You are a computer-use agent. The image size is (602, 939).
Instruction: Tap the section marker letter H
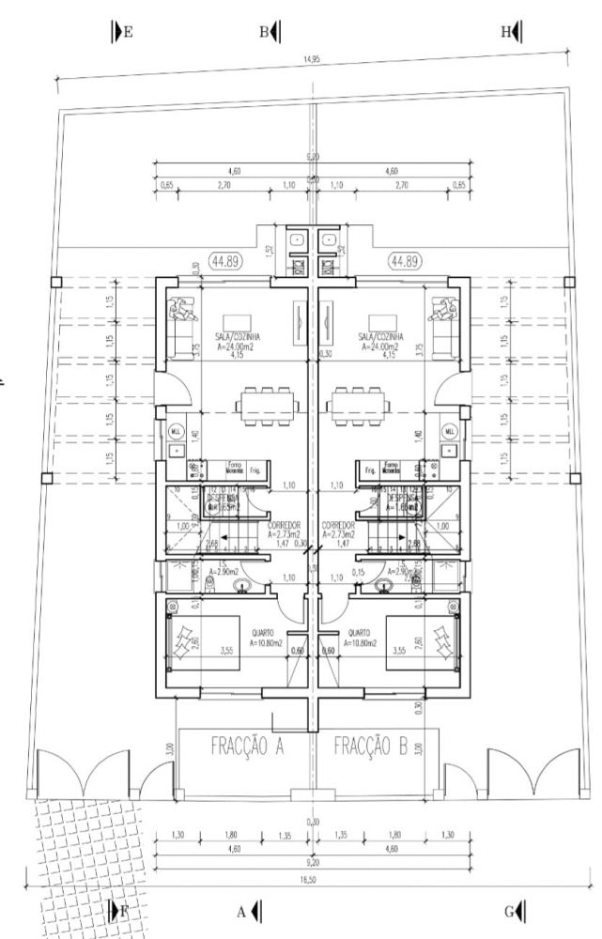click(506, 31)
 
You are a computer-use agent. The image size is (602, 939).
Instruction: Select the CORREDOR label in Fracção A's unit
click(284, 526)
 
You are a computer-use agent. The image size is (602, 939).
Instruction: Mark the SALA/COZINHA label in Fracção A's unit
click(231, 335)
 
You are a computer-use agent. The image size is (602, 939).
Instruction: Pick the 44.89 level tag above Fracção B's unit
click(405, 261)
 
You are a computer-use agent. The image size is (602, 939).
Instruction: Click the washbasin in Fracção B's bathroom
click(383, 588)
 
